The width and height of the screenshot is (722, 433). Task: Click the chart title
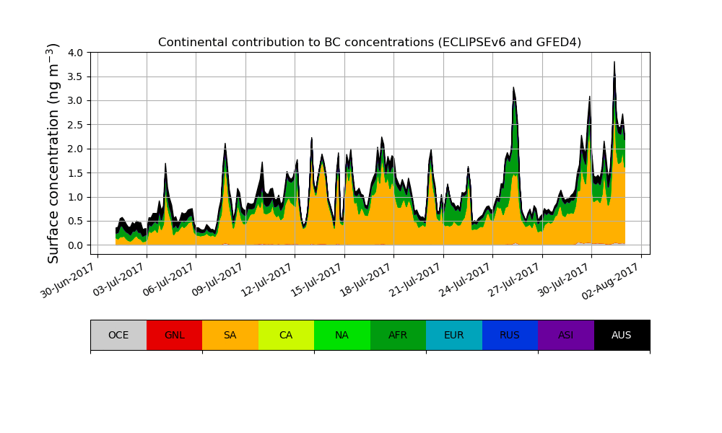370,43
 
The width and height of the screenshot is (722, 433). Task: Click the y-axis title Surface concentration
53,153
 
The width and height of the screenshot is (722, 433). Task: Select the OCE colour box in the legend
118,335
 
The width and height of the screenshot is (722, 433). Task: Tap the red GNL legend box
174,335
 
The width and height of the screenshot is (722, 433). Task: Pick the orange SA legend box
230,335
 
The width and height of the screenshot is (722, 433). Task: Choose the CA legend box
286,335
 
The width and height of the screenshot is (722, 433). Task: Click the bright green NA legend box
342,335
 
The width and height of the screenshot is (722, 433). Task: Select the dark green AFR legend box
398,335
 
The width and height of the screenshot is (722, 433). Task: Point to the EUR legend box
454,335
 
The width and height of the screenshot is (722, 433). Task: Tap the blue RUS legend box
510,335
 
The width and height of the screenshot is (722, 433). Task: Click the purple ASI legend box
566,335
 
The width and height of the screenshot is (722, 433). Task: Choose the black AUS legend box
622,335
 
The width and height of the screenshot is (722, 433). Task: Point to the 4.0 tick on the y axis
75,53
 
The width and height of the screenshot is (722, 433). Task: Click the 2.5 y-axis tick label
75,125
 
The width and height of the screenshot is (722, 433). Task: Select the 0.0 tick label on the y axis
75,245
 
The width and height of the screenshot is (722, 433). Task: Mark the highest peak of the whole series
614,62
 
